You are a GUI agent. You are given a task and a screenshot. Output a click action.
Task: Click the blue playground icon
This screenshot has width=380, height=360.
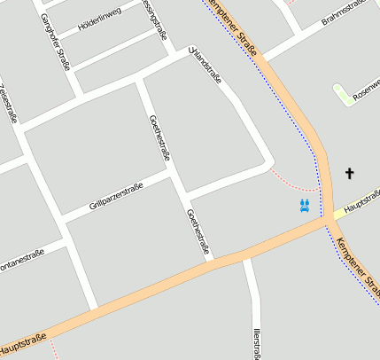[x=305, y=207]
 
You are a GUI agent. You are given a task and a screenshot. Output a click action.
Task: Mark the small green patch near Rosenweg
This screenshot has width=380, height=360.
[x=343, y=93]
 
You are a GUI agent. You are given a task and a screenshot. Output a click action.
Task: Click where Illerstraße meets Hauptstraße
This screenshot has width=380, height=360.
[x=246, y=256]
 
